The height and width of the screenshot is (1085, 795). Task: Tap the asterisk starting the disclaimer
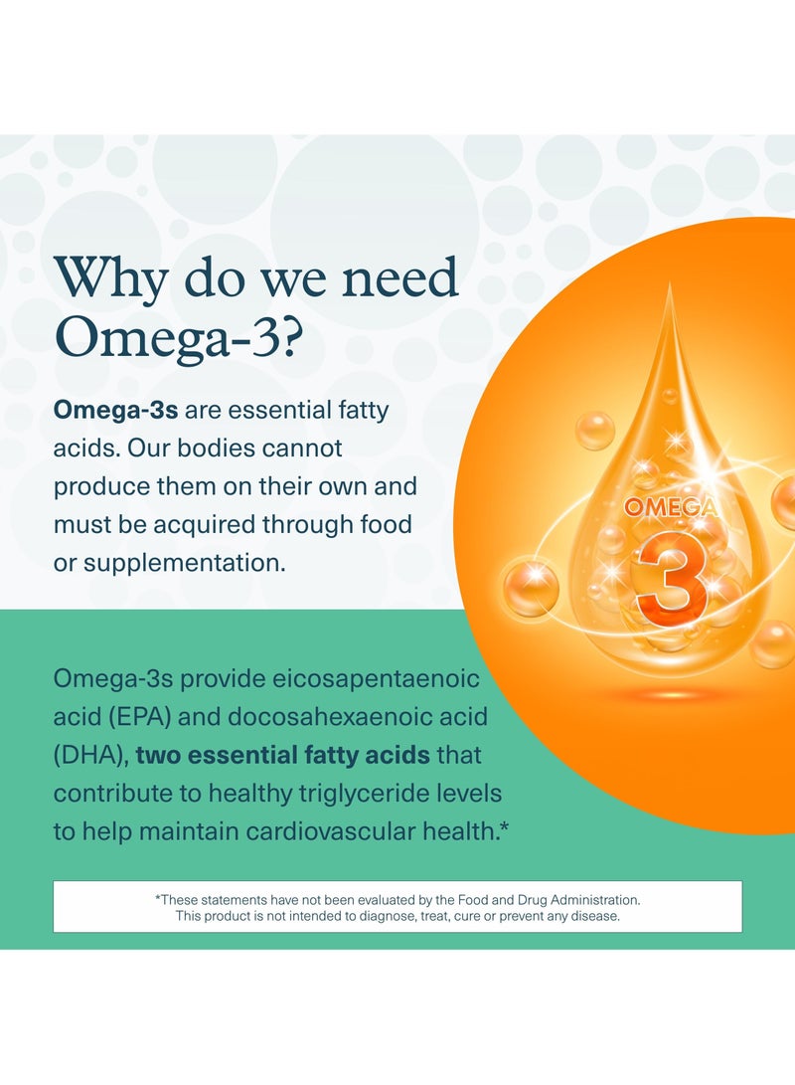(158, 897)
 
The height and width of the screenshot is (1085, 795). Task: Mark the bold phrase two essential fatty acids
(282, 755)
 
